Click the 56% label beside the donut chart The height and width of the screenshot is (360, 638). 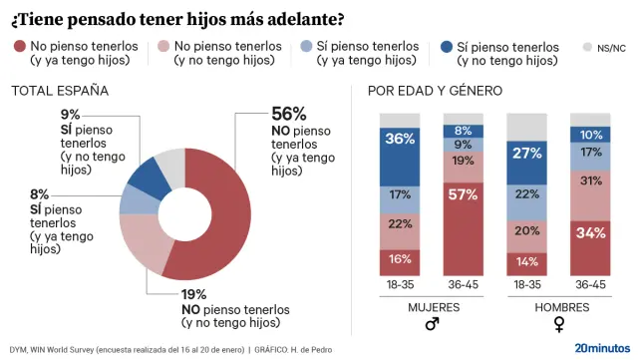(x=288, y=114)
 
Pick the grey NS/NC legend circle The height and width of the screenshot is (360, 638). (x=586, y=47)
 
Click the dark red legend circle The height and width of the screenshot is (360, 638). (x=19, y=46)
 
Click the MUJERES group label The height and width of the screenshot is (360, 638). (x=432, y=306)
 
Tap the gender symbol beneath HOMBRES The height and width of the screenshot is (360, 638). (x=559, y=324)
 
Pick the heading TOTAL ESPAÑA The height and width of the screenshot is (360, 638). (x=59, y=91)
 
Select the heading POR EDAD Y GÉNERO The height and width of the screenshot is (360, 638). (x=435, y=91)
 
